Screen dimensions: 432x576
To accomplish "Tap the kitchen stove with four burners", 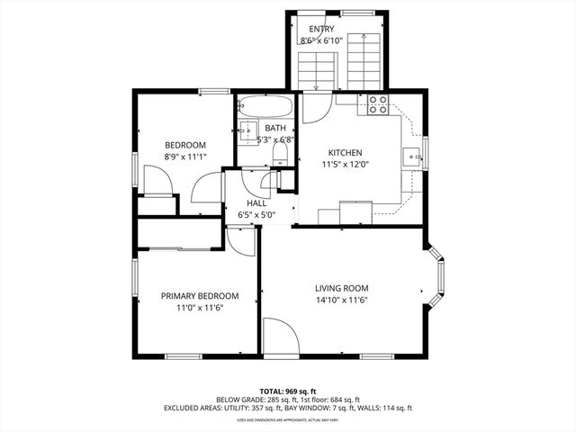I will click(378, 104).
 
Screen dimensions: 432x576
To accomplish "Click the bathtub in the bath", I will click(266, 107).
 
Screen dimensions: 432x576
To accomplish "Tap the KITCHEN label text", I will click(345, 152).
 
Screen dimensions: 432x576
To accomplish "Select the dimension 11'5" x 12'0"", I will click(345, 165).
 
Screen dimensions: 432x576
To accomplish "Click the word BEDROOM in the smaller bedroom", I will click(184, 145).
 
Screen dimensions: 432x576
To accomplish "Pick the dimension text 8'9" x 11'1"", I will click(184, 157).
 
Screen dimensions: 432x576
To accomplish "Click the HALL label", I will click(256, 203).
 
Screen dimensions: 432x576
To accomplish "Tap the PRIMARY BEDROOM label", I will click(199, 295).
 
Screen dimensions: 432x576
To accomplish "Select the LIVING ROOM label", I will click(341, 288).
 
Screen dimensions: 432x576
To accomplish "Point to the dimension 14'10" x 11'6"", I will click(341, 301).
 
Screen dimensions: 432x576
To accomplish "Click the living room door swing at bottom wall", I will click(281, 337).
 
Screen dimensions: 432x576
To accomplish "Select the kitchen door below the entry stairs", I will click(316, 108).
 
